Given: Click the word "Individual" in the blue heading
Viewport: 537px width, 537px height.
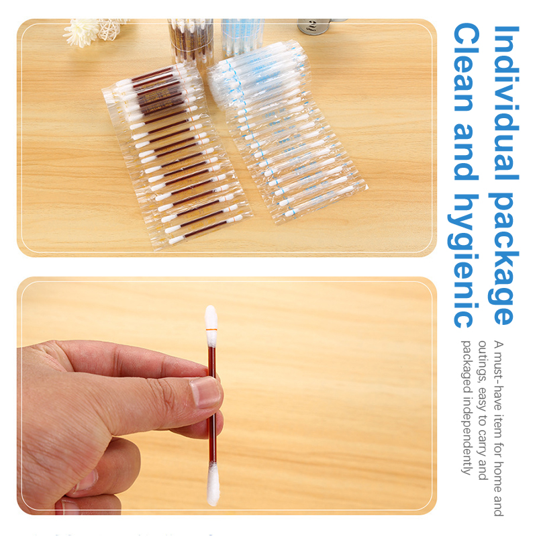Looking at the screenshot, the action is click(505, 103).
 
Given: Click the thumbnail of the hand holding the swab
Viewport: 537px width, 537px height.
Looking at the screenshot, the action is click(227, 396).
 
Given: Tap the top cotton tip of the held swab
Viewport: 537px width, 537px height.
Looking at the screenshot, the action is click(211, 317).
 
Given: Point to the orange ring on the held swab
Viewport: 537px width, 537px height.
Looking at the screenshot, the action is click(211, 330).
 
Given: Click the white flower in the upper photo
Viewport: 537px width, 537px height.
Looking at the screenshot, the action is click(81, 32).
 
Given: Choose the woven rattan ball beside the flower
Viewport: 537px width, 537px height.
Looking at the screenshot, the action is click(109, 28).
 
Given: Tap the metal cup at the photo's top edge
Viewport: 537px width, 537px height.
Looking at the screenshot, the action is click(314, 26).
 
